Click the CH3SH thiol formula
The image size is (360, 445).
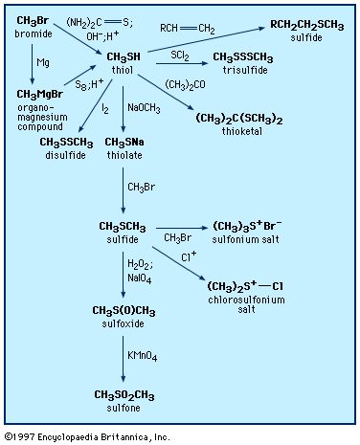[x=124, y=57]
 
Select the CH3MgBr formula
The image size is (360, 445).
[x=40, y=95]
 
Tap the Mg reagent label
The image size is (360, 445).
[x=43, y=62]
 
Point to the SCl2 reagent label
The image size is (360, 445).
[x=180, y=56]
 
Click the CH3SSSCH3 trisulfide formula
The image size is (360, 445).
[x=243, y=57]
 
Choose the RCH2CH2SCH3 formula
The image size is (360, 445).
[x=307, y=25]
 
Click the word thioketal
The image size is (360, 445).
[x=242, y=131]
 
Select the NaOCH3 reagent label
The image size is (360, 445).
[x=144, y=108]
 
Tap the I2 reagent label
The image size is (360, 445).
[x=105, y=109]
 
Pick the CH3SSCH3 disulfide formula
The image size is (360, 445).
[x=66, y=143]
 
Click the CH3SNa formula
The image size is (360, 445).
[x=124, y=143]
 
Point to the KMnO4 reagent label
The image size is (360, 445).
[x=143, y=356]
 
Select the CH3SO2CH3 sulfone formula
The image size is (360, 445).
[x=124, y=395]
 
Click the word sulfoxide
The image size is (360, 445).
[x=124, y=323]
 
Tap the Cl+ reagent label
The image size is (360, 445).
[x=189, y=256]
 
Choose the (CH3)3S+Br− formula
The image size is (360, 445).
[x=247, y=226]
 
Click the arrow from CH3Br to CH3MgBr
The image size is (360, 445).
[x=33, y=64]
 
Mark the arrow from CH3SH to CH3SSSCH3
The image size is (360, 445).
[x=182, y=63]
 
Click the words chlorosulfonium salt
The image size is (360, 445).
[x=246, y=304]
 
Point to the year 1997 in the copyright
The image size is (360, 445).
[x=24, y=436]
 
